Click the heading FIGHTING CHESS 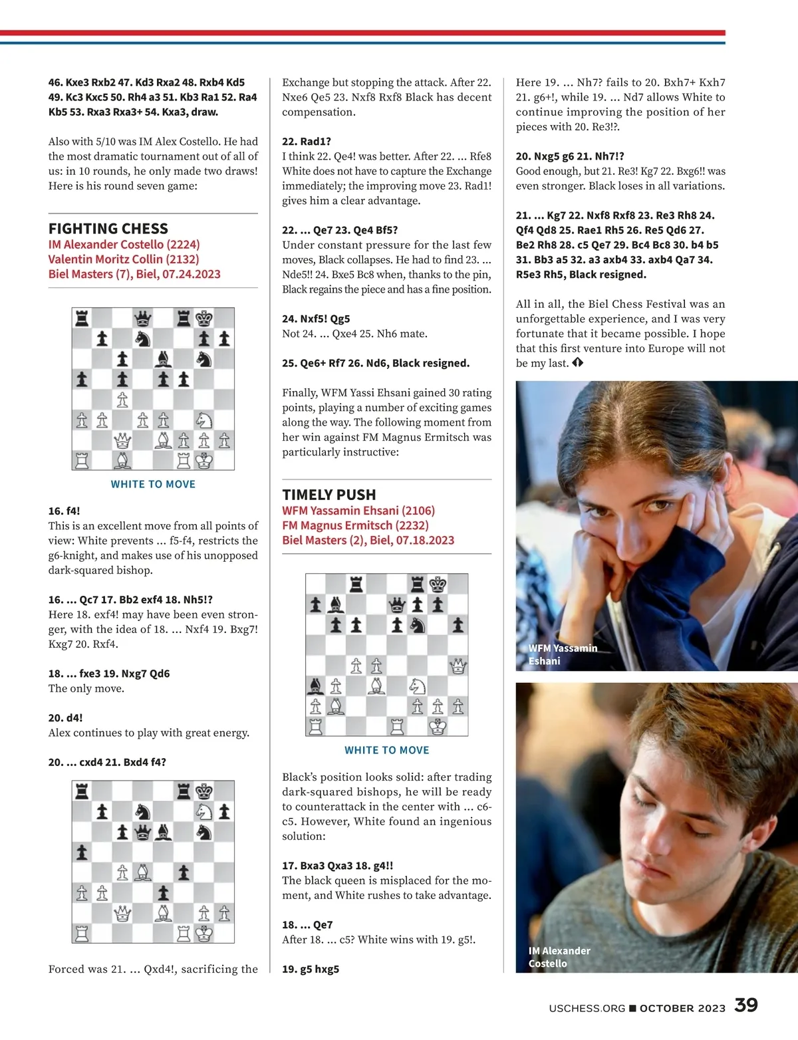[108, 229]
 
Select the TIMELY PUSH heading [329, 495]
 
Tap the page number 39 [746, 1005]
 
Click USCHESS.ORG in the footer [587, 1008]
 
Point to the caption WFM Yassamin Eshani [563, 654]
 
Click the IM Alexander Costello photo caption [559, 957]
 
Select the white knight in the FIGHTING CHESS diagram [204, 420]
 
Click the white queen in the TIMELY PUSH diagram [458, 666]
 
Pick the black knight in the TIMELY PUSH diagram [418, 625]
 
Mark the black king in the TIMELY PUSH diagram [438, 585]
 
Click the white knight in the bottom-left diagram [204, 812]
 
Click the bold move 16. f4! [64, 511]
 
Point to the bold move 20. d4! [65, 717]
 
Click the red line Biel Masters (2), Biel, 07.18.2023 [368, 540]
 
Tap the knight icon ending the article [577, 363]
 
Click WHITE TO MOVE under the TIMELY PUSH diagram [386, 750]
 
